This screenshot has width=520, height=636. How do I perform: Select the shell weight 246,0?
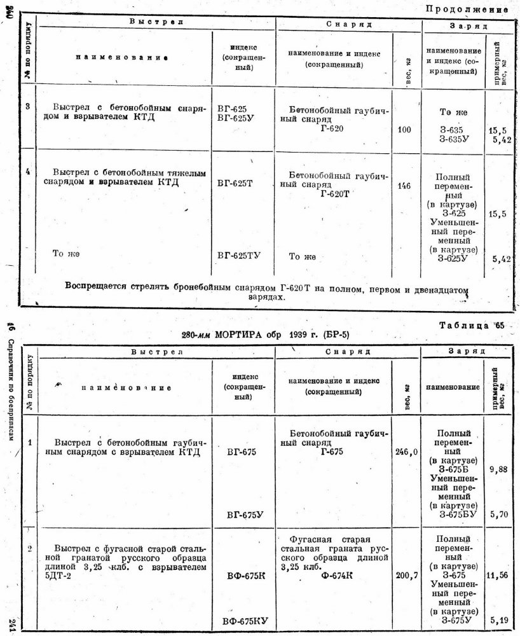pos(405,452)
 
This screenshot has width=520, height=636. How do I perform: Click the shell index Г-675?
pos(332,451)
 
